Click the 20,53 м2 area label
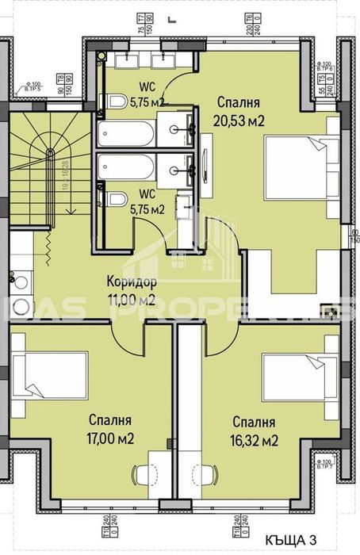pyautogui.click(x=239, y=121)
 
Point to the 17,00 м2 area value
pyautogui.click(x=111, y=437)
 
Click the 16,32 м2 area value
pyautogui.click(x=255, y=440)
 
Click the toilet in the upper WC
pyautogui.click(x=116, y=101)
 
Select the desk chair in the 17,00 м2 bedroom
pyautogui.click(x=147, y=475)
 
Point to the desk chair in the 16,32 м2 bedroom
pyautogui.click(x=212, y=475)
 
